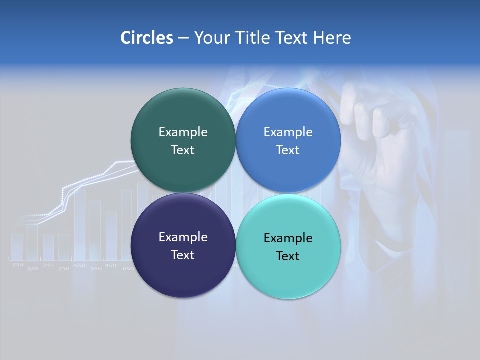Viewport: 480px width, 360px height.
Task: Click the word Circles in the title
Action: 146,38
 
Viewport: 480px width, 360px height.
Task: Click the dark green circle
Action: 183,140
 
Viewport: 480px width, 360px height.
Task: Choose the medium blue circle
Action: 288,140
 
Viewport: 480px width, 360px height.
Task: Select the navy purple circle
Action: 183,245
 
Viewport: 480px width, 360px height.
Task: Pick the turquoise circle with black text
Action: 288,246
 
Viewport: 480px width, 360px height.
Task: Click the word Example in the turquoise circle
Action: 288,238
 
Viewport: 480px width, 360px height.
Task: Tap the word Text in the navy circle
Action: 183,255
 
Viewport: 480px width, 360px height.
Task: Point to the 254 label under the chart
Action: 18,265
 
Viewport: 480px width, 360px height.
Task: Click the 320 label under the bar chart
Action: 32,269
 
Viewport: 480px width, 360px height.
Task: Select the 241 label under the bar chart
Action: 48,265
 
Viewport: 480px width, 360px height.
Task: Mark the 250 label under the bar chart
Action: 64,269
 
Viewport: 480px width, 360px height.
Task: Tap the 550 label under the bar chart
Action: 95,269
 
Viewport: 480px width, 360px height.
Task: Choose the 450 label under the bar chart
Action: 111,265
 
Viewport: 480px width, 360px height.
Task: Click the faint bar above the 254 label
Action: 17,246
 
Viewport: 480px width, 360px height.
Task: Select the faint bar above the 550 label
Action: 95,230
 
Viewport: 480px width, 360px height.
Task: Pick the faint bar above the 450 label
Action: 111,235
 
